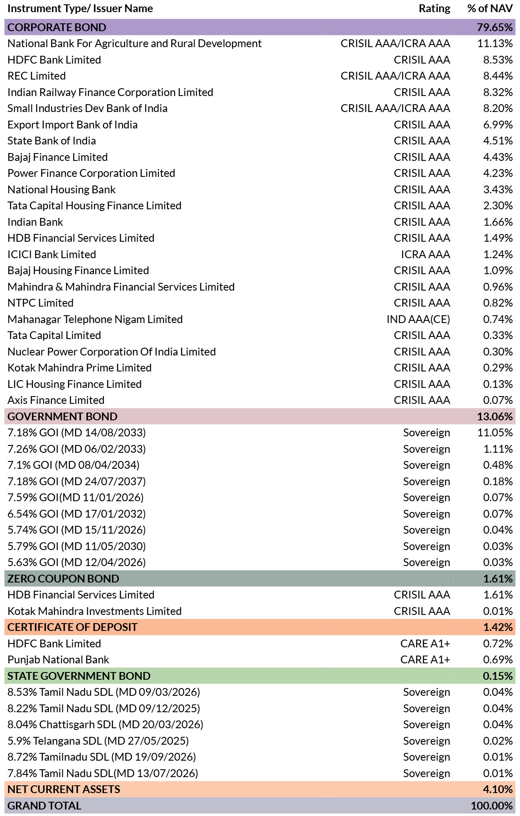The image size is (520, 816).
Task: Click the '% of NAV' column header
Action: [x=490, y=9]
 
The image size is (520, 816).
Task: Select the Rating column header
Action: [x=434, y=9]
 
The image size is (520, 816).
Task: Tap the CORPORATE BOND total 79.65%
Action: [x=495, y=27]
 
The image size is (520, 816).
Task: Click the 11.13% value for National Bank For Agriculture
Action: [x=495, y=44]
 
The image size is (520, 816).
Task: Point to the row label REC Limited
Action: [x=37, y=76]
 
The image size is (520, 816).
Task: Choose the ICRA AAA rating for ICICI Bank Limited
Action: [x=425, y=255]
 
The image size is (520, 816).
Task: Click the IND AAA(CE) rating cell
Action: [x=418, y=320]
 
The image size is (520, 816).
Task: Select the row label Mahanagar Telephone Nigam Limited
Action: [x=95, y=320]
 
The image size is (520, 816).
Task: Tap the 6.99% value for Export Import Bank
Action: [x=498, y=125]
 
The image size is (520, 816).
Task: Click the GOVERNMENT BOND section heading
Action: [x=62, y=416]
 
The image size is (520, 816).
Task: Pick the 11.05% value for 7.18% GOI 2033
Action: [x=495, y=433]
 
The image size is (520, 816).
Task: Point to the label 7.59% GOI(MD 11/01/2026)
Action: [x=76, y=498]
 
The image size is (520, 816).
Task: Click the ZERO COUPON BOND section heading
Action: [x=63, y=579]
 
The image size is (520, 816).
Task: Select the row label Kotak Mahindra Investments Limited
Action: [x=95, y=611]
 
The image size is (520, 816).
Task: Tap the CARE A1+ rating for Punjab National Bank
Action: [x=425, y=660]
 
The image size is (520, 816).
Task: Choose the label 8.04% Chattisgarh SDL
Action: [x=106, y=725]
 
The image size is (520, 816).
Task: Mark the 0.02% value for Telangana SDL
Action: [x=498, y=741]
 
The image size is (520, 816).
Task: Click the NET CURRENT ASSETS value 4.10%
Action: [x=498, y=790]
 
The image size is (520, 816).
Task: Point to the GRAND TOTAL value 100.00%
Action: [x=492, y=806]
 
